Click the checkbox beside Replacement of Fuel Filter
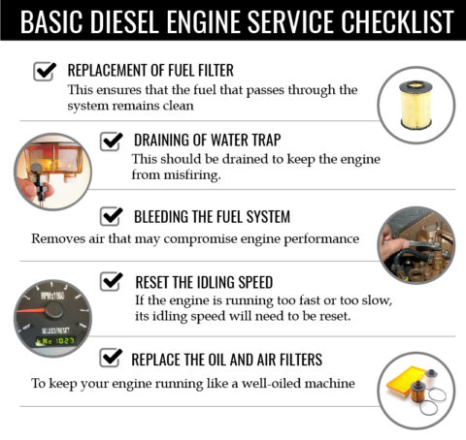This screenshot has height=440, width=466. point(45,71)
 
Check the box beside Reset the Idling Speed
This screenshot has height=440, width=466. point(112,280)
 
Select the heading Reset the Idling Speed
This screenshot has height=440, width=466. point(206,281)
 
